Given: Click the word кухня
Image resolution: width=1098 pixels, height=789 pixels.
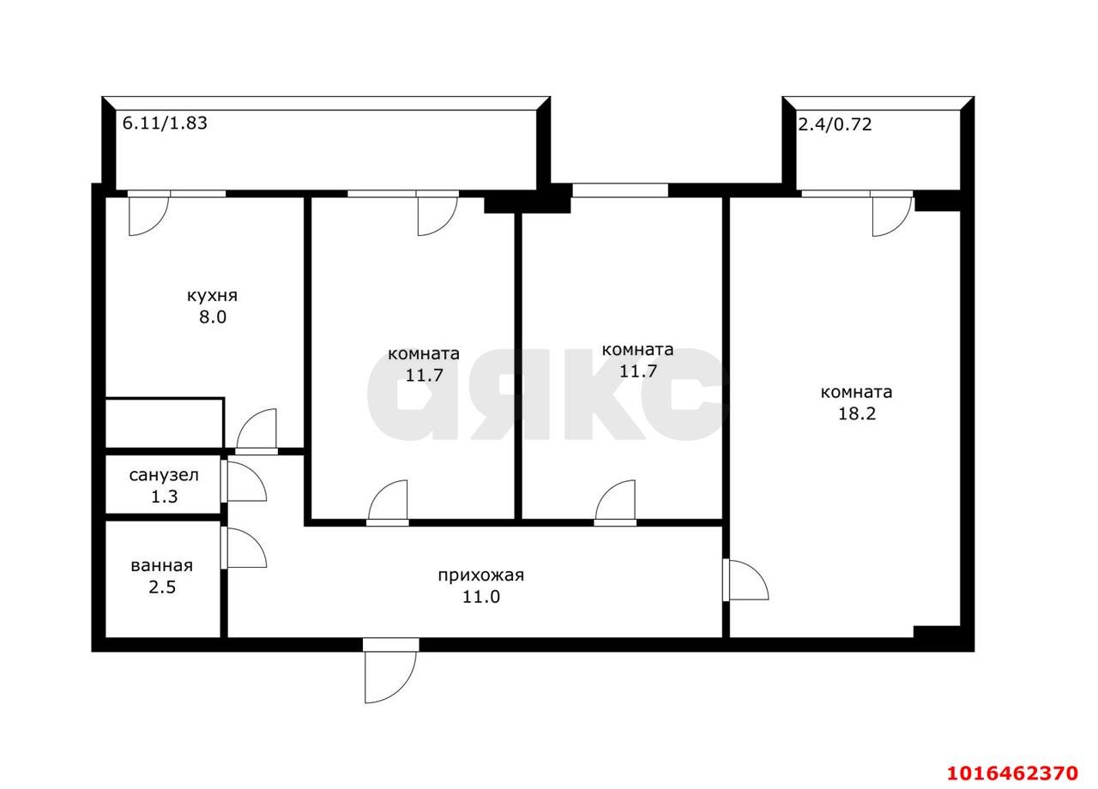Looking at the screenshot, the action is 212,297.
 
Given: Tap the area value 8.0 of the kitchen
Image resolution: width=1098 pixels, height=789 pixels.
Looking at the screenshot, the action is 213,317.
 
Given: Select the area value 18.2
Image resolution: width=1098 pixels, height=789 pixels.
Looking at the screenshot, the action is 857,414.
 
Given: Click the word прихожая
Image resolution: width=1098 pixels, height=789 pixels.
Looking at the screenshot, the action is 481,575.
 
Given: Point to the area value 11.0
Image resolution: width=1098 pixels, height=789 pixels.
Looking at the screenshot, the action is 481,597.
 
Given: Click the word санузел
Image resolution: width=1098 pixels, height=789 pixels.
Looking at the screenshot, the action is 164,475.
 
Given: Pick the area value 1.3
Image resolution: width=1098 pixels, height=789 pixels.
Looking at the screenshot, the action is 164,497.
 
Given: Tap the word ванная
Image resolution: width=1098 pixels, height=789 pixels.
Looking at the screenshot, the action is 162,566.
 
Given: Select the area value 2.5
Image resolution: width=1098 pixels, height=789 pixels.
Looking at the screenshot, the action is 162,587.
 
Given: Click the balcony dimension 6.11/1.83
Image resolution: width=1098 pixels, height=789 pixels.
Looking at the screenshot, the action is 165,123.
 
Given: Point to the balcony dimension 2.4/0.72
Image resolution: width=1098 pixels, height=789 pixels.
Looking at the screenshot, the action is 836,124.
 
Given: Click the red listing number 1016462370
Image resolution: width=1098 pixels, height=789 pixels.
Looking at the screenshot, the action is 1012,774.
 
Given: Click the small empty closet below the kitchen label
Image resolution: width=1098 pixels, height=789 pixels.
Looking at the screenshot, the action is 165,423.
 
